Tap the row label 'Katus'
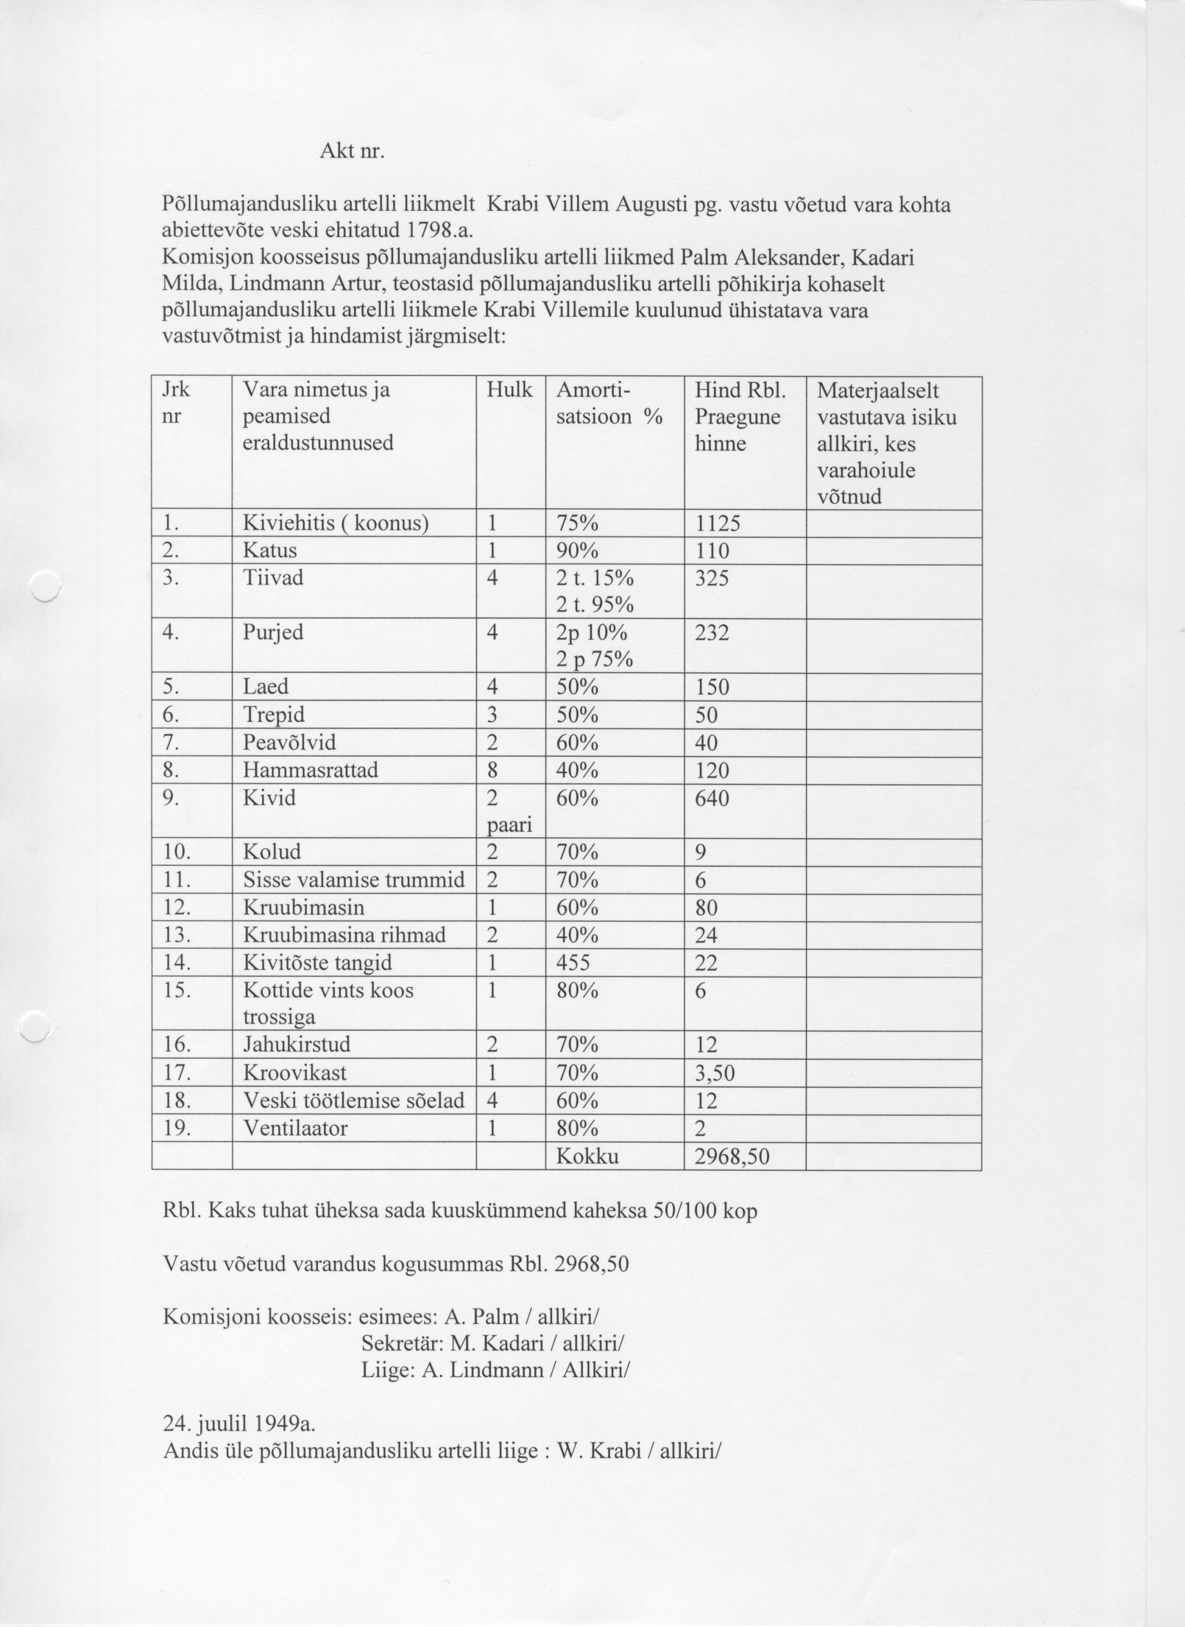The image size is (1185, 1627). (x=270, y=551)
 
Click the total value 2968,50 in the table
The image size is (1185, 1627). (x=732, y=1157)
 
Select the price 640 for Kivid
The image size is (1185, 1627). (x=712, y=798)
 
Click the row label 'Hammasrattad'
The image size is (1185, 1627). (x=310, y=770)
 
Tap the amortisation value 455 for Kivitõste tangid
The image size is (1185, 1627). (x=573, y=963)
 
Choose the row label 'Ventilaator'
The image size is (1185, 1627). (x=295, y=1128)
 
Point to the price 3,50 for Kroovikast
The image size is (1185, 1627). (x=715, y=1073)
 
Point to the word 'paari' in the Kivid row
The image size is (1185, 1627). (x=509, y=825)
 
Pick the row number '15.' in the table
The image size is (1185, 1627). (x=176, y=991)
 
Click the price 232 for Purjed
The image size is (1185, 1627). (x=712, y=633)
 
